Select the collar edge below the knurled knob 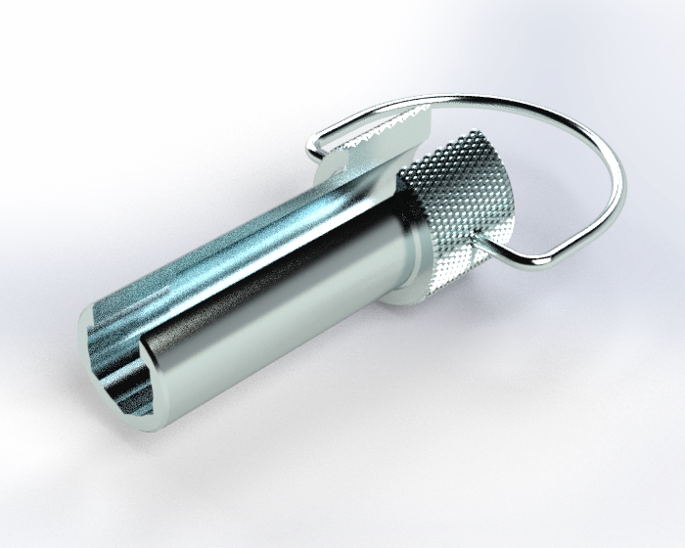click(431, 294)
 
